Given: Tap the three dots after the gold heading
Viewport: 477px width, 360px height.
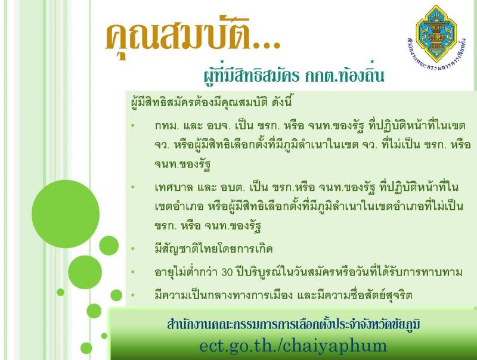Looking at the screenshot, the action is [x=267, y=46].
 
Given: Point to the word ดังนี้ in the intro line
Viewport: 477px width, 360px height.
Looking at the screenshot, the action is [x=282, y=102].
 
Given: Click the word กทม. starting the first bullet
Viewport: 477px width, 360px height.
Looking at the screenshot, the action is [x=166, y=125].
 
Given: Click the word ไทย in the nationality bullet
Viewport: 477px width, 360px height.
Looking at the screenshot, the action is [x=216, y=249].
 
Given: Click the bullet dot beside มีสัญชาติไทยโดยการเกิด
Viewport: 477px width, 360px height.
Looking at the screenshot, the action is [x=132, y=249].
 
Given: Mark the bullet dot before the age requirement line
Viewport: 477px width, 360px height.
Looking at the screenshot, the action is [x=132, y=272].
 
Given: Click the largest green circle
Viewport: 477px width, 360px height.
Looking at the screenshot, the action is [x=66, y=214].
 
